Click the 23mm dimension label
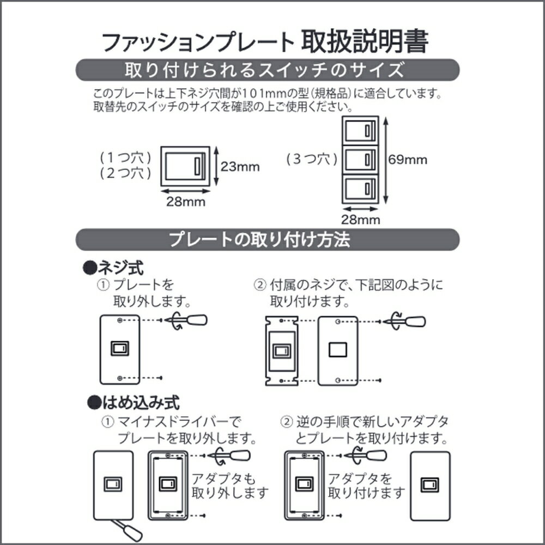click(x=240, y=167)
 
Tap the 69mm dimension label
click(x=407, y=160)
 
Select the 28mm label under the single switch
click(x=186, y=202)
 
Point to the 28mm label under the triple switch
click(x=360, y=220)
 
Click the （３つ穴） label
click(x=312, y=159)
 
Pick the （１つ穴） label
click(x=125, y=158)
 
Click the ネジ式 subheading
click(x=113, y=268)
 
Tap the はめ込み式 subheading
click(x=134, y=403)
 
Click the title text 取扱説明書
click(x=365, y=42)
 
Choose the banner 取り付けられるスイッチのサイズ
click(x=267, y=70)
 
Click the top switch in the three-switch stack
click(x=360, y=130)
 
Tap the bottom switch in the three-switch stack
click(x=360, y=189)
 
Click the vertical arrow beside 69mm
click(x=385, y=160)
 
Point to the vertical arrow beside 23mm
click(x=216, y=166)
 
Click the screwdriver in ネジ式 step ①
click(x=186, y=320)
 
